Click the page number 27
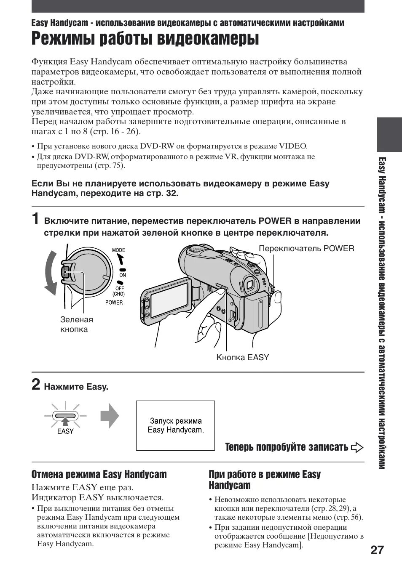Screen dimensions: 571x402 [378, 550]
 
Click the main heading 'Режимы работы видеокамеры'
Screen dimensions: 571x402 [145, 39]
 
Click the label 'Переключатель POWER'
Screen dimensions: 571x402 [306, 248]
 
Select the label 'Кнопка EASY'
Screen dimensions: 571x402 [242, 357]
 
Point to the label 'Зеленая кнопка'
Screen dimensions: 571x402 [76, 324]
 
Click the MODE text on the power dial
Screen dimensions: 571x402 [118, 250]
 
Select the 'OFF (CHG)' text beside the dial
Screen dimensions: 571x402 [119, 291]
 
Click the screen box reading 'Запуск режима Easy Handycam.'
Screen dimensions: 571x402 [175, 425]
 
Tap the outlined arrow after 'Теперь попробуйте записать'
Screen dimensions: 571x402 [357, 447]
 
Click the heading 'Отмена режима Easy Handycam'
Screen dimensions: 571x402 [99, 474]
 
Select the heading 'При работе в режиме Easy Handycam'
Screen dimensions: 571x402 [265, 480]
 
